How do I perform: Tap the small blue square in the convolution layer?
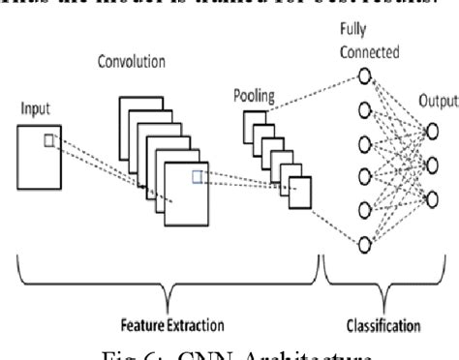(x=197, y=175)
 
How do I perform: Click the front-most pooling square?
(x=302, y=195)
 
